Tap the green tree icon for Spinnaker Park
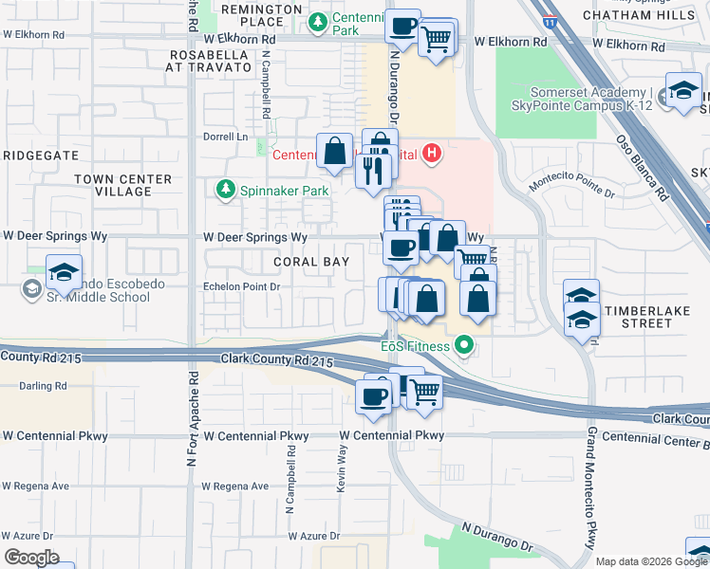click(226, 191)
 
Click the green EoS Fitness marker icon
click(463, 346)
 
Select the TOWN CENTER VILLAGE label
click(123, 185)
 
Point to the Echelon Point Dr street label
click(243, 285)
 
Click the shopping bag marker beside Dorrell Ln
click(335, 150)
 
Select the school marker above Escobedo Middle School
click(64, 272)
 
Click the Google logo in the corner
click(31, 558)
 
